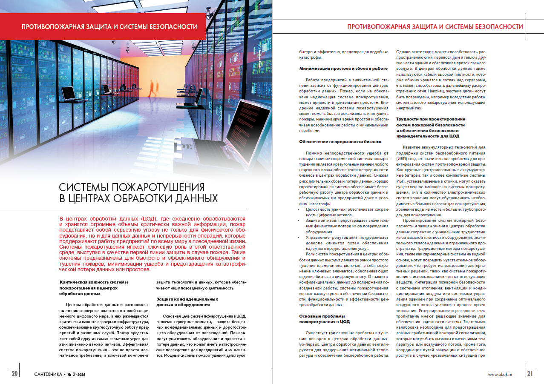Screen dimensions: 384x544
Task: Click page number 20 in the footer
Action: click(14, 374)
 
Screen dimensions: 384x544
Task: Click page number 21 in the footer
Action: click(530, 374)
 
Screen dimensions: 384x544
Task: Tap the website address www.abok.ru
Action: click(500, 374)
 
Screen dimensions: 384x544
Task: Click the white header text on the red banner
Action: click(109, 26)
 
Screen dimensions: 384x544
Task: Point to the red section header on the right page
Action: click(435, 26)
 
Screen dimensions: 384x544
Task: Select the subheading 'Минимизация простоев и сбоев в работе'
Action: click(343, 68)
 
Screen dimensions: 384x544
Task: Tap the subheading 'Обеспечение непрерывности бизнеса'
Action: click(340, 141)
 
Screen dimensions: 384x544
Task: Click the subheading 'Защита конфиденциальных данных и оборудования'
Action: click(187, 302)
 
